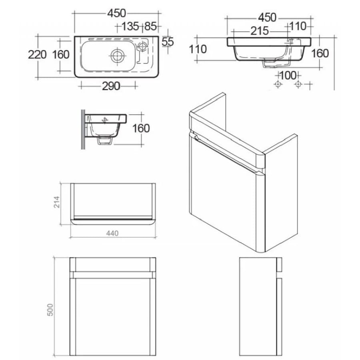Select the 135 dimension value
[x=130, y=27]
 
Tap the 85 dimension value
[x=150, y=27]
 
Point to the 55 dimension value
[x=168, y=41]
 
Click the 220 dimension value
[x=37, y=54]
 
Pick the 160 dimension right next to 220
[x=61, y=54]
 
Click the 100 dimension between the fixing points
[x=288, y=75]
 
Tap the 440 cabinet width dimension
[x=112, y=234]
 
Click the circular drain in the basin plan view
[x=117, y=56]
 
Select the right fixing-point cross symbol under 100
[x=298, y=84]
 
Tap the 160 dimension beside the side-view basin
[x=140, y=128]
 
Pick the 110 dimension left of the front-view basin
[x=198, y=49]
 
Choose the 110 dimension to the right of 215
[x=297, y=26]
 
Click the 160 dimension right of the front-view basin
[x=320, y=53]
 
